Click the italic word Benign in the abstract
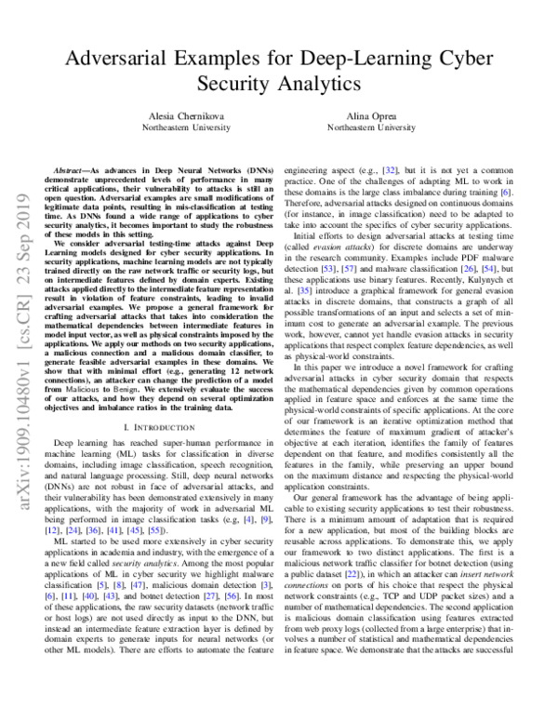172,368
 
